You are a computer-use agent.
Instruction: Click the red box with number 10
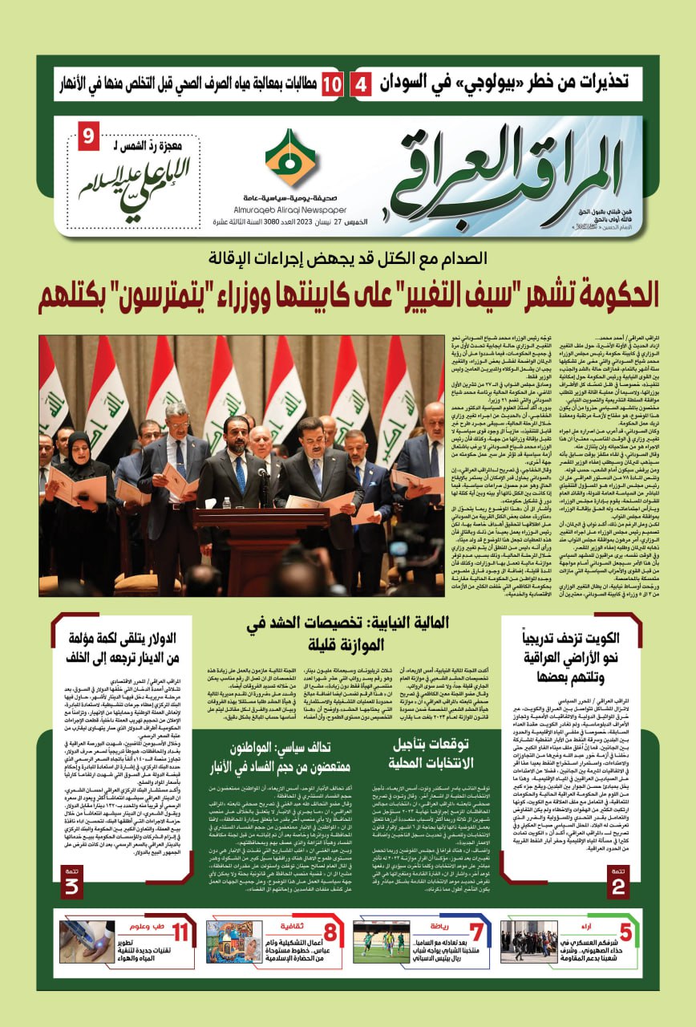[x=333, y=84]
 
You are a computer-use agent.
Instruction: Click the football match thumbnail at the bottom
[x=380, y=941]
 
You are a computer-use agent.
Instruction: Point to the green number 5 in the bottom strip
[x=623, y=934]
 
